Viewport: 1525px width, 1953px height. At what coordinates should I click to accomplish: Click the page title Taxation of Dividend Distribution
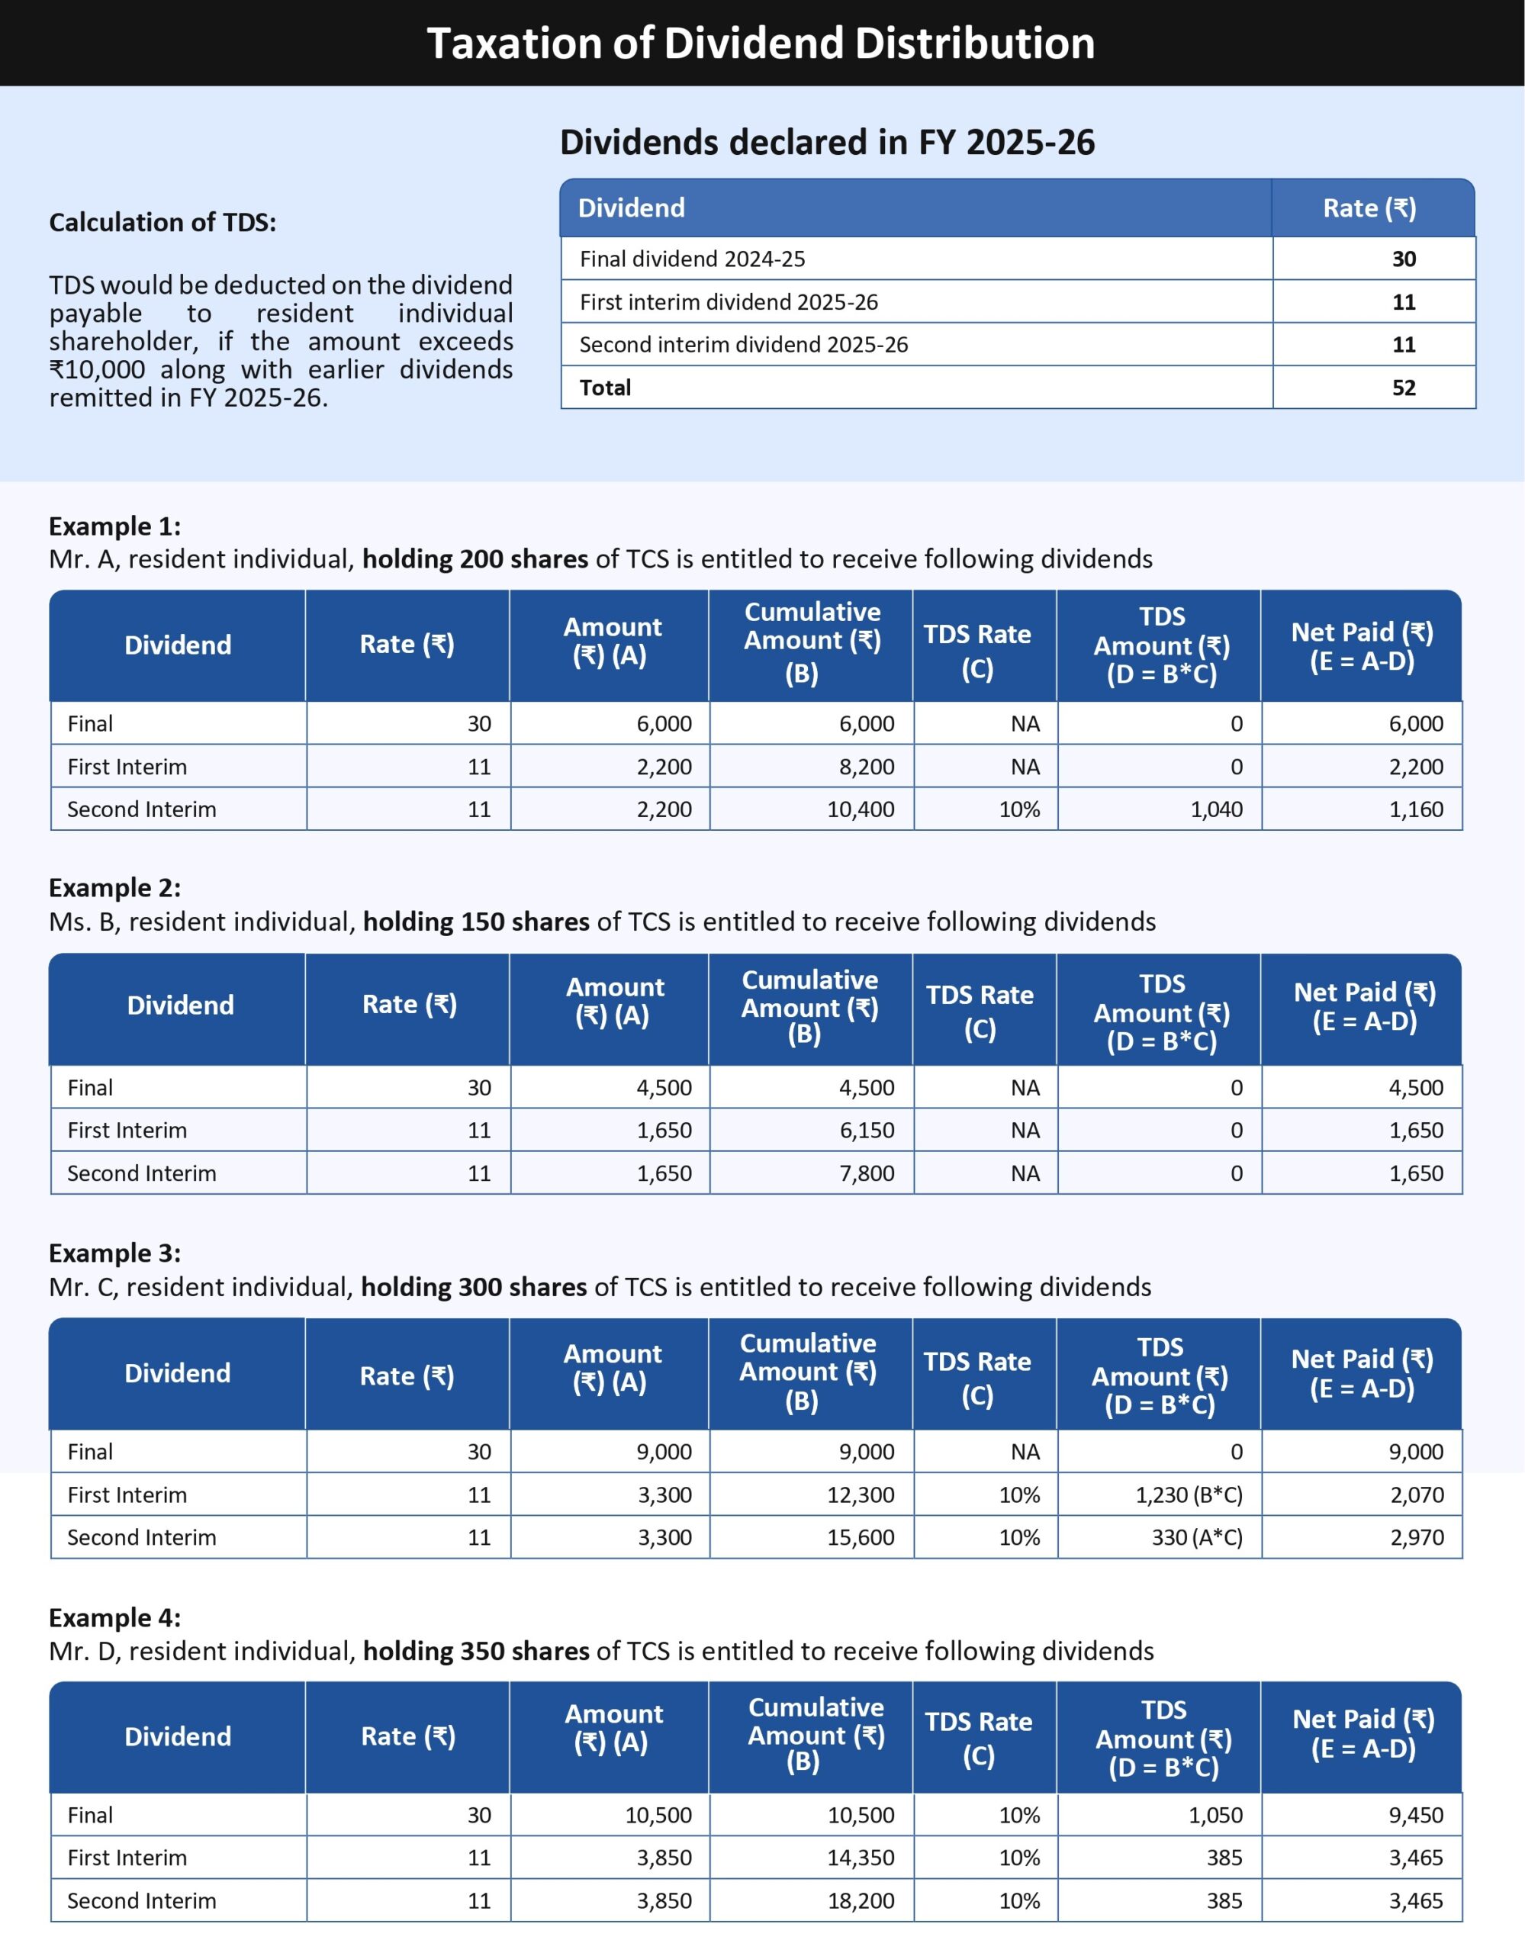pos(761,43)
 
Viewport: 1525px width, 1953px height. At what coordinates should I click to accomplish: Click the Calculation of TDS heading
pos(162,222)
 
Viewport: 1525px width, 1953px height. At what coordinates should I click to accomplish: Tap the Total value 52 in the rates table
pos(1404,388)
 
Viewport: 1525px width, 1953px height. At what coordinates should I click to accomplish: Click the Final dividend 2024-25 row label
pos(692,259)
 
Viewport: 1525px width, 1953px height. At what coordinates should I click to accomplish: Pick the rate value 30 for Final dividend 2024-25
pos(1404,259)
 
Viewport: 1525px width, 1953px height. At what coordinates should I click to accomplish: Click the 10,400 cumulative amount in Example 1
pos(861,809)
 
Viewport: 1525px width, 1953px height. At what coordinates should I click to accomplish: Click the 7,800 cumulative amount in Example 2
pos(866,1173)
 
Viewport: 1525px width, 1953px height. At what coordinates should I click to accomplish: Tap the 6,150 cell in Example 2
pos(866,1131)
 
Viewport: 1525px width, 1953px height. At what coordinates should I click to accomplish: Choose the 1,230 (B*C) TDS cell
pos(1188,1495)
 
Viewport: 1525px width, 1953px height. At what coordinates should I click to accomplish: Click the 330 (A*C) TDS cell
pos(1196,1537)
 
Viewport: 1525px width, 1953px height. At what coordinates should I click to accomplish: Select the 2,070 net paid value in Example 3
pos(1416,1495)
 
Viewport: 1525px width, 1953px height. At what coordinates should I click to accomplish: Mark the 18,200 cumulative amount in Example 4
pos(861,1901)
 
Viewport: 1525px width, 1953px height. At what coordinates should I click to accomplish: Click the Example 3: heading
pos(114,1253)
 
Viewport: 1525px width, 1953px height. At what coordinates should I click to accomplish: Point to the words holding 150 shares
pos(476,922)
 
